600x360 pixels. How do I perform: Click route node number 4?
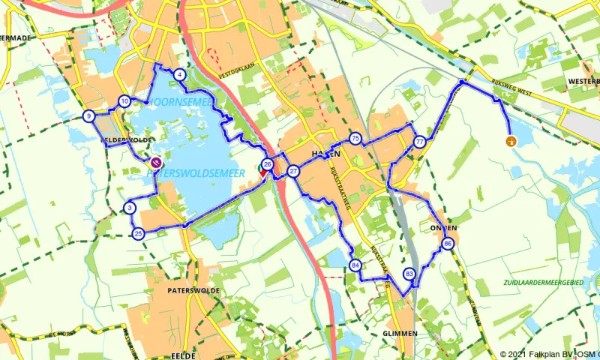(179, 75)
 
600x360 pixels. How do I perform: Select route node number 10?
(124, 101)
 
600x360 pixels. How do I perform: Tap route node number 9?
(89, 115)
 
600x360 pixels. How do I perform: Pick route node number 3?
(130, 208)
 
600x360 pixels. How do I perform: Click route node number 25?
(138, 234)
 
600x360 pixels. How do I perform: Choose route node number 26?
(267, 164)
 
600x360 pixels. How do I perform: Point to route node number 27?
(293, 172)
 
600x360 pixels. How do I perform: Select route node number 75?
(355, 138)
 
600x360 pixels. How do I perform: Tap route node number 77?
(419, 142)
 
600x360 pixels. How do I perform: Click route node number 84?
(355, 265)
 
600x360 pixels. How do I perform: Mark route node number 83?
(409, 274)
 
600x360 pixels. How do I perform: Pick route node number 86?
(448, 244)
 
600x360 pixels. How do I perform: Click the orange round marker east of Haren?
(512, 140)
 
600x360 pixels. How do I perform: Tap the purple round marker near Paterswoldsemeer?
(156, 161)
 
